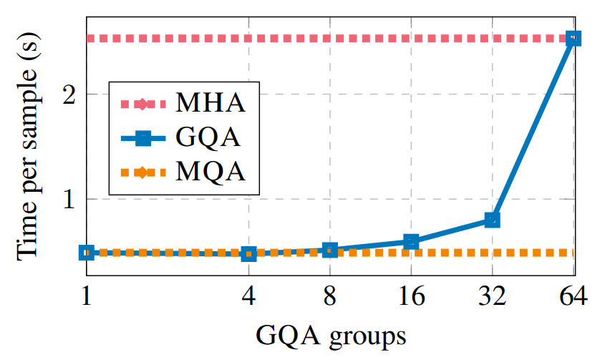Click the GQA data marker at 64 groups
click(x=573, y=39)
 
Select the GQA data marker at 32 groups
click(x=492, y=220)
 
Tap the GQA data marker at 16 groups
click(x=411, y=242)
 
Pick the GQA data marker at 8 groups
click(x=330, y=250)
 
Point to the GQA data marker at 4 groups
click(x=249, y=253)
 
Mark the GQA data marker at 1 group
click(x=87, y=252)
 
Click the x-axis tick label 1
click(x=87, y=296)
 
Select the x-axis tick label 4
click(x=249, y=296)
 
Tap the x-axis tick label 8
click(x=330, y=296)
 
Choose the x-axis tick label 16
click(x=411, y=296)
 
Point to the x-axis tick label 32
click(x=492, y=296)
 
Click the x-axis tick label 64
click(x=573, y=296)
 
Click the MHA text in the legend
click(x=211, y=103)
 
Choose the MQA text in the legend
click(x=211, y=172)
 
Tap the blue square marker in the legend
click(x=142, y=138)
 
